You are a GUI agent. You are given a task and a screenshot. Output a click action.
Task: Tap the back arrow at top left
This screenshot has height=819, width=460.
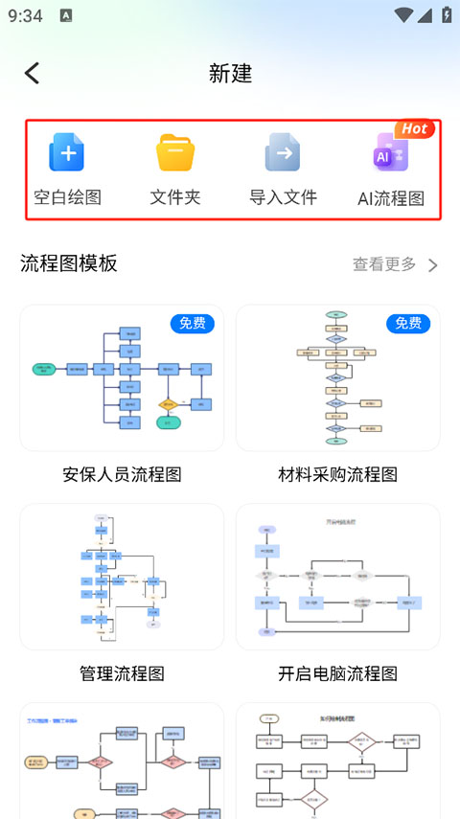tap(33, 73)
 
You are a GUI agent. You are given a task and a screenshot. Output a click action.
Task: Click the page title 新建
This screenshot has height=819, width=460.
tap(230, 74)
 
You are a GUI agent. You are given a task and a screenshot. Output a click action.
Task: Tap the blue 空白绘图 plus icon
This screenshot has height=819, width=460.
tap(67, 153)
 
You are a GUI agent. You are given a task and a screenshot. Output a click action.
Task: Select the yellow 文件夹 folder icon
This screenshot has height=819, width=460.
tap(175, 153)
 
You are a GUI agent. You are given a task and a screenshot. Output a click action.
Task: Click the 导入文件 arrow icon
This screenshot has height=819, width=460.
tap(283, 153)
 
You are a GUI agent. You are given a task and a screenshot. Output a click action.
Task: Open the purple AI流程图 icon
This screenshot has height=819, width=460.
tap(390, 154)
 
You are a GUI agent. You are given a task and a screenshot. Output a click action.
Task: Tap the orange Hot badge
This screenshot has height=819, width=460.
tap(414, 128)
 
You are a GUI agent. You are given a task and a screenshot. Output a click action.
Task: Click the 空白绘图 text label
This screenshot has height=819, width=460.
tap(67, 197)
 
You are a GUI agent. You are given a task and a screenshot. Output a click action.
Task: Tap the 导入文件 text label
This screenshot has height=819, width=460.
tap(283, 197)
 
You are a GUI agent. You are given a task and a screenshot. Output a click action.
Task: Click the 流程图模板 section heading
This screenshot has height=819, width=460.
tap(69, 263)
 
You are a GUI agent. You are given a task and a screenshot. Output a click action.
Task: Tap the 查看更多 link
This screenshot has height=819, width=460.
tap(384, 264)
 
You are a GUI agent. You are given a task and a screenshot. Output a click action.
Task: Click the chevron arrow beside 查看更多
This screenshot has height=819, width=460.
tap(433, 265)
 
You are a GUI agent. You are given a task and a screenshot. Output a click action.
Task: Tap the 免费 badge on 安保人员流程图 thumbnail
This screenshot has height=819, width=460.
tap(193, 324)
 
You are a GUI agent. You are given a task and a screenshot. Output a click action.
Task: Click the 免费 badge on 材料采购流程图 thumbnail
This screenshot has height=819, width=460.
tap(409, 324)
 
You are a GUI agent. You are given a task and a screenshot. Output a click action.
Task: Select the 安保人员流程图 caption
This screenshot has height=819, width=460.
tap(122, 474)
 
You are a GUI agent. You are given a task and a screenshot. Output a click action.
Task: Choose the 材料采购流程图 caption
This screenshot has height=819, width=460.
tap(337, 474)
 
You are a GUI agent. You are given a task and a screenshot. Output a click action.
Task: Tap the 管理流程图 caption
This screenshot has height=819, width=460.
tap(122, 673)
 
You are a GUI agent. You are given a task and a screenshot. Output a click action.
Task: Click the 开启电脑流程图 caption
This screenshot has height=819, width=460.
tap(337, 673)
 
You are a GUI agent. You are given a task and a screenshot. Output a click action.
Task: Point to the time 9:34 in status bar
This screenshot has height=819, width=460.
tap(25, 15)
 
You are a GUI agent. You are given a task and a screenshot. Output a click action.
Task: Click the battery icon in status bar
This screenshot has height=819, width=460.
tap(446, 15)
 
